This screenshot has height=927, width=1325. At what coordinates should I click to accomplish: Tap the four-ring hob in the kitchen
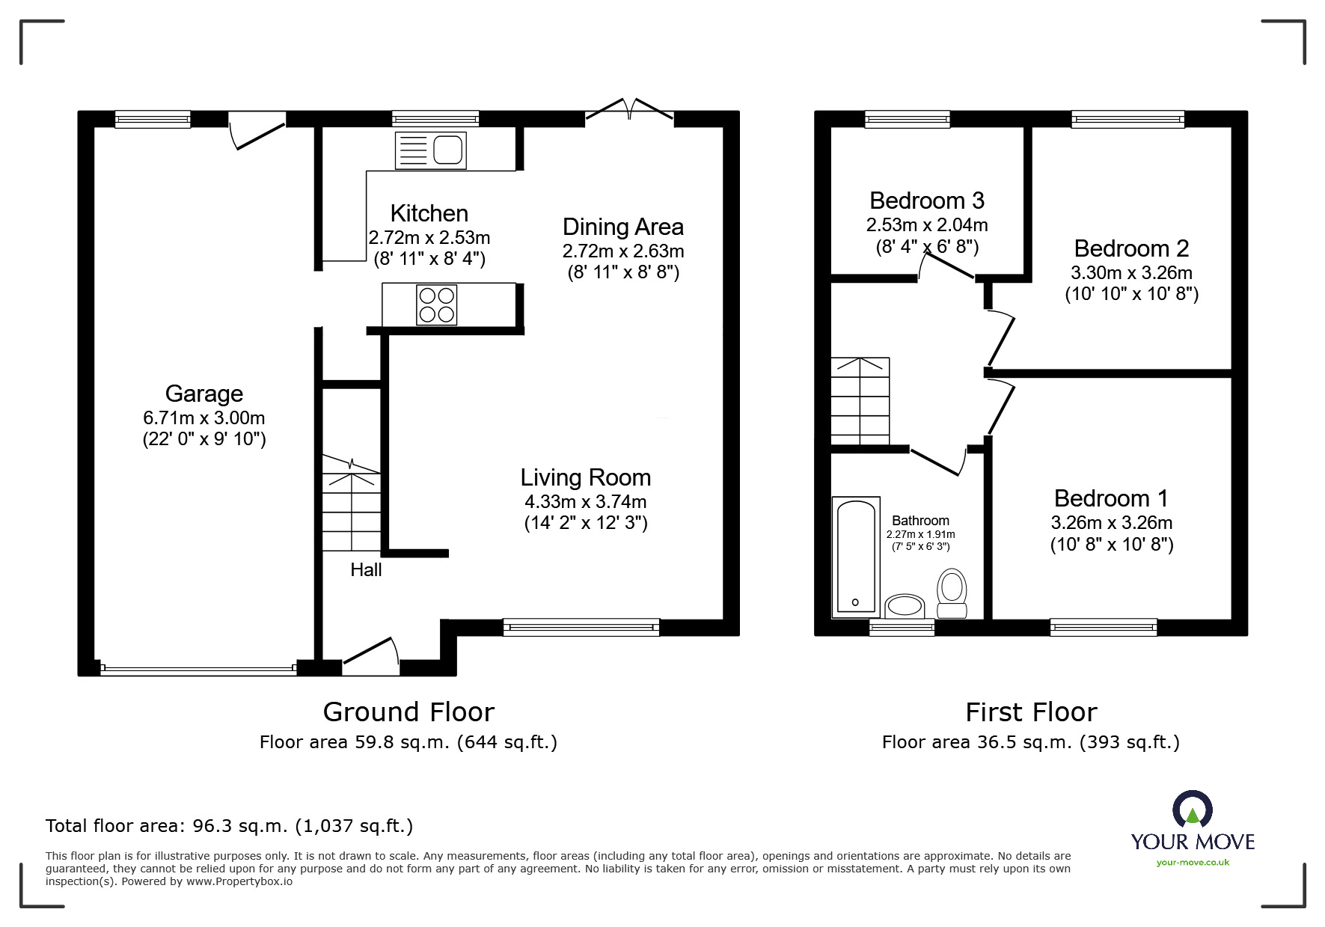click(x=437, y=305)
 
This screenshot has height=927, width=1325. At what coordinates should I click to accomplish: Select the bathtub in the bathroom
click(x=855, y=556)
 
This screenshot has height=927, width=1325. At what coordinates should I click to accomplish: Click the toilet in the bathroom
click(x=952, y=593)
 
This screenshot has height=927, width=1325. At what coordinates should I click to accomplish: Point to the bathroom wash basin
click(x=905, y=606)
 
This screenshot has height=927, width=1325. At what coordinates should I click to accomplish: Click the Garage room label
click(x=204, y=394)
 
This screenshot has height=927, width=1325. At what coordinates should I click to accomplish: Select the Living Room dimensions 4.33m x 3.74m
click(x=585, y=502)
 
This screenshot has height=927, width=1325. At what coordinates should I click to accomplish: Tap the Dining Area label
click(x=622, y=227)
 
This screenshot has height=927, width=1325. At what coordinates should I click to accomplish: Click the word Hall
click(x=366, y=570)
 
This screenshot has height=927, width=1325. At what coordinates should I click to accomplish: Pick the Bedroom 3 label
click(x=926, y=201)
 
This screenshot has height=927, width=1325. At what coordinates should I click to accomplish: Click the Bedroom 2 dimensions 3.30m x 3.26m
click(x=1131, y=273)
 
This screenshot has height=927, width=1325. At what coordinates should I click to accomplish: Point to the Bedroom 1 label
click(x=1111, y=498)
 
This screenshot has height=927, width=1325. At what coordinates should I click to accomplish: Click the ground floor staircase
click(x=351, y=503)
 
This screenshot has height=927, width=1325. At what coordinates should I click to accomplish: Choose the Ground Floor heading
click(x=408, y=712)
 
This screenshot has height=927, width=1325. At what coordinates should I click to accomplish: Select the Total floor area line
click(x=229, y=826)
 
